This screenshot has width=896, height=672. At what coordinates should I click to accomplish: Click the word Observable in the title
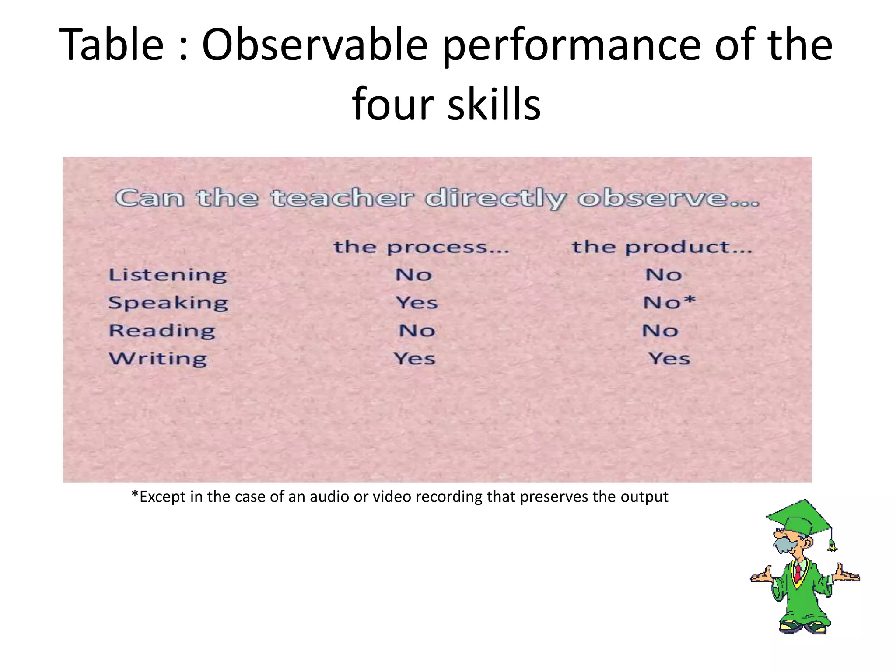[x=315, y=45]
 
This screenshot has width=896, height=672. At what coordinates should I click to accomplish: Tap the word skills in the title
[x=494, y=104]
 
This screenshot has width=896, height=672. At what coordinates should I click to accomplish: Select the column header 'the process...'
[x=421, y=248]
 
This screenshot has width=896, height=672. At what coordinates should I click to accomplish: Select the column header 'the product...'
[x=662, y=248]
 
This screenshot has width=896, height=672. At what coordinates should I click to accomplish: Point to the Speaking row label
[x=168, y=303]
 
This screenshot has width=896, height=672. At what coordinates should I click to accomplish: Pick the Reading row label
[x=162, y=331]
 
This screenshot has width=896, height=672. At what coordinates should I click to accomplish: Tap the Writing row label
[x=158, y=359]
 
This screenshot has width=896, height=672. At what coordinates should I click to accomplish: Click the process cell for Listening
[x=413, y=275]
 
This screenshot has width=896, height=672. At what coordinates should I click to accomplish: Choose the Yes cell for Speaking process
[x=416, y=303]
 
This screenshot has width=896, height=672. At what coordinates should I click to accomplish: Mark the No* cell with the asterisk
[x=669, y=302]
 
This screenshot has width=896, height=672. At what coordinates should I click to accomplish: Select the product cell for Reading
[x=660, y=331]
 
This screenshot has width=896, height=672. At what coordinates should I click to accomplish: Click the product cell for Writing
[x=669, y=359]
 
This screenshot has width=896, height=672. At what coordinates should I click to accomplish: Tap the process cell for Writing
[x=414, y=359]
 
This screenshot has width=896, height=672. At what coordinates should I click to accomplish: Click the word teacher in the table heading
[x=342, y=198]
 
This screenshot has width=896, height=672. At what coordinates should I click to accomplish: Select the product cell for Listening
[x=664, y=275]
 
